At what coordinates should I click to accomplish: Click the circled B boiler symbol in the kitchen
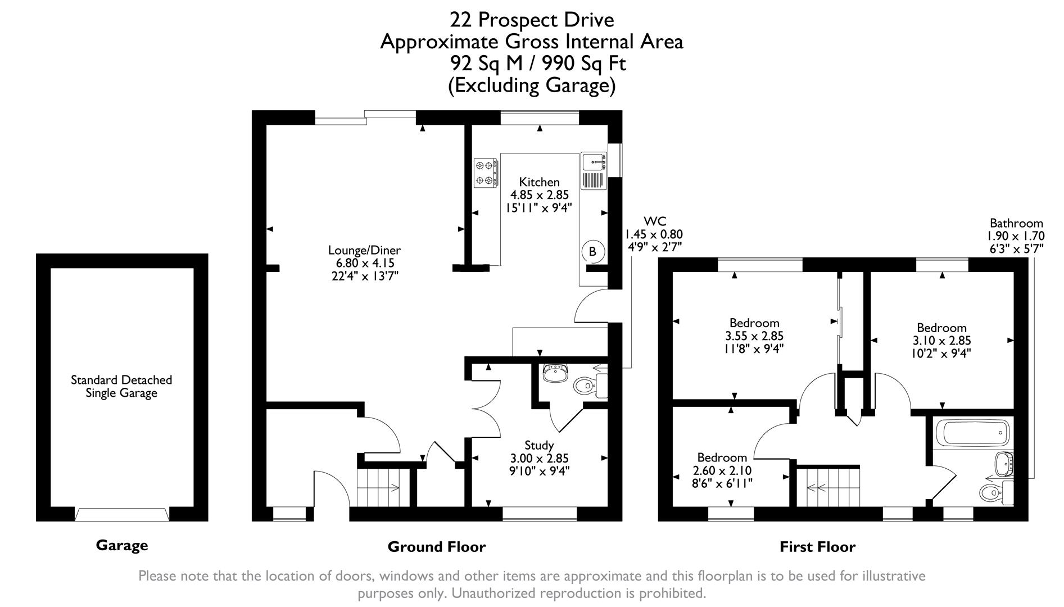(x=592, y=252)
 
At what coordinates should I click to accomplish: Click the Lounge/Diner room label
(x=364, y=250)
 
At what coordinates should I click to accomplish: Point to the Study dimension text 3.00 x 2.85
(x=539, y=459)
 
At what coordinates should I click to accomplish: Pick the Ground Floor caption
(x=436, y=546)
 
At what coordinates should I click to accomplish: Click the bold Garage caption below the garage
(x=122, y=545)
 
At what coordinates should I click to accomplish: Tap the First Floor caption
(x=817, y=546)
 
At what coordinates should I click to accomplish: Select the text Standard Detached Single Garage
(x=121, y=387)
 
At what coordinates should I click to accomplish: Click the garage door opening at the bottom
(x=122, y=514)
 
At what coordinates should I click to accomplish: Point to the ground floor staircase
(x=378, y=487)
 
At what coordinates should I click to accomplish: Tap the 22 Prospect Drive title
(x=531, y=20)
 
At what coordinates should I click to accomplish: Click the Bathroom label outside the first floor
(x=1016, y=223)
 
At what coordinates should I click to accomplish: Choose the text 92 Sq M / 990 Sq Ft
(x=537, y=64)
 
